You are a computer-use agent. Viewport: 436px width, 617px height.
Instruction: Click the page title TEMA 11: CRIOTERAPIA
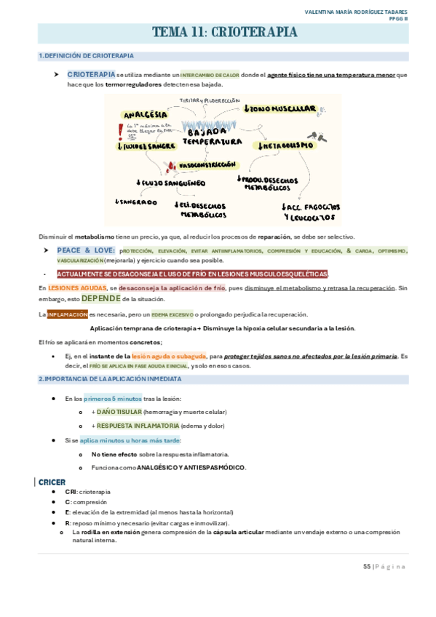pyautogui.click(x=224, y=32)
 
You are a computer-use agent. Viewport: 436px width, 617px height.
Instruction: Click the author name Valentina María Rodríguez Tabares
pyautogui.click(x=356, y=12)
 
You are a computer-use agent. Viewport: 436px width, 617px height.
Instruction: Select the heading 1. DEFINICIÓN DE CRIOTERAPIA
pyautogui.click(x=86, y=56)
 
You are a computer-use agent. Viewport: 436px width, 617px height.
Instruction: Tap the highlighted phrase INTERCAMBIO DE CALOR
pyautogui.click(x=210, y=75)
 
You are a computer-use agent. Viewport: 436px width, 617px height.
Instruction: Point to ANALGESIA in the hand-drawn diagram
pyautogui.click(x=146, y=114)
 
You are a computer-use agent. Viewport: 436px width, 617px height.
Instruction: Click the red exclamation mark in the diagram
pyautogui.click(x=119, y=130)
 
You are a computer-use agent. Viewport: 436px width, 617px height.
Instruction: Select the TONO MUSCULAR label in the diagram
pyautogui.click(x=281, y=109)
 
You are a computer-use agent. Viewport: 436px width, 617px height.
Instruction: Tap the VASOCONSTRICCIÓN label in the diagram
pyautogui.click(x=207, y=165)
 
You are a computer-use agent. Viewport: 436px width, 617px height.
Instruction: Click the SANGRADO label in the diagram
pyautogui.click(x=136, y=202)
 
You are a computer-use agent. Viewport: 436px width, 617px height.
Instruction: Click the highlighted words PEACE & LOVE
pyautogui.click(x=86, y=250)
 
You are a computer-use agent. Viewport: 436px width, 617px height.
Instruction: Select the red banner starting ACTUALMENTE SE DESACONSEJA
pyautogui.click(x=192, y=274)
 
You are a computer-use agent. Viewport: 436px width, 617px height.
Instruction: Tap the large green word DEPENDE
pyautogui.click(x=100, y=298)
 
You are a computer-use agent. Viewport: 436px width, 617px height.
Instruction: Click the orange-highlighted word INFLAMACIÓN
pyautogui.click(x=67, y=314)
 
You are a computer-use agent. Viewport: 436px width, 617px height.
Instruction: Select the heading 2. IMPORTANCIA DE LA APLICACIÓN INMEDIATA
pyautogui.click(x=110, y=379)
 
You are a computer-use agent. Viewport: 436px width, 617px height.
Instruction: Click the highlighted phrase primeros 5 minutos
pyautogui.click(x=113, y=398)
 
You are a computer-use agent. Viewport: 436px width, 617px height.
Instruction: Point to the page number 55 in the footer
pyautogui.click(x=367, y=566)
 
